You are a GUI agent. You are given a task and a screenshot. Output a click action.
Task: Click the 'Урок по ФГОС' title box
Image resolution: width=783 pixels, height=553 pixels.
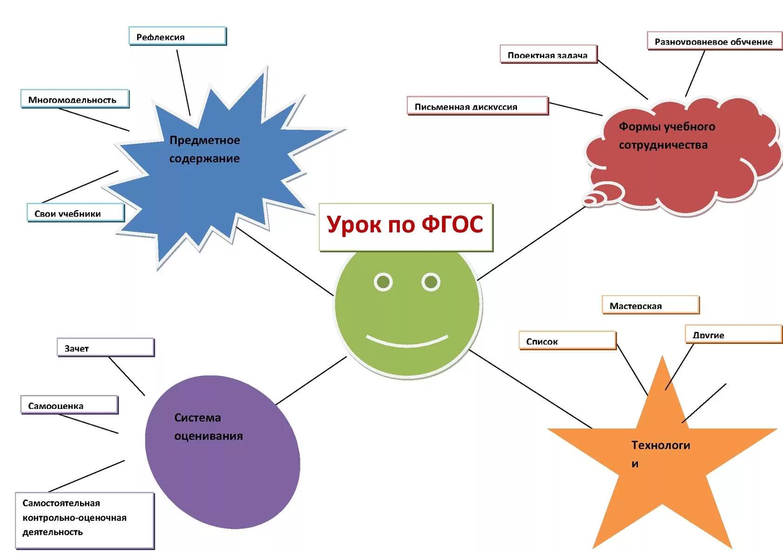pos(405,227)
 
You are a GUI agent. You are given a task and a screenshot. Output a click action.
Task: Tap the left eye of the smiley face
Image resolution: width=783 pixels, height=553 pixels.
pos(383,282)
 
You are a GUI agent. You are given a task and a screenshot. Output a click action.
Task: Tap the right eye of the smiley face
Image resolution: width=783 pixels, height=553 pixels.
pos(431,282)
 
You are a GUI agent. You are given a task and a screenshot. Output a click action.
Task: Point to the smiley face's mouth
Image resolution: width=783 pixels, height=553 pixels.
pos(407,341)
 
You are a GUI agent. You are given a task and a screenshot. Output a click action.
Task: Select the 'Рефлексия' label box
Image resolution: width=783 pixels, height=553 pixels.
pos(177,36)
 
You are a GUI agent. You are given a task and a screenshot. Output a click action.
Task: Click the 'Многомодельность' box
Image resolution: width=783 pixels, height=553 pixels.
pos(74,99)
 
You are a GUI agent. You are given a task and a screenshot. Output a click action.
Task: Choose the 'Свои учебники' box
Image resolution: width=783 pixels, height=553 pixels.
pos(75,213)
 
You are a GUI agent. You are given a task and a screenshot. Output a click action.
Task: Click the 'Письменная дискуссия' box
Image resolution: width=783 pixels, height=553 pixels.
pos(478,106)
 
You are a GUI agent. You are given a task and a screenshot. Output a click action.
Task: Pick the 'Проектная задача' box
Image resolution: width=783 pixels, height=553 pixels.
pos(548,54)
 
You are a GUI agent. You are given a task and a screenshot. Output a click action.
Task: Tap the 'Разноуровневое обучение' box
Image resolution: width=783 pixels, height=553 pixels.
pos(714,41)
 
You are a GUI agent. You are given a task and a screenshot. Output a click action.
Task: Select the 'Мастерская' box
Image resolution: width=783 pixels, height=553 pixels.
pos(650,305)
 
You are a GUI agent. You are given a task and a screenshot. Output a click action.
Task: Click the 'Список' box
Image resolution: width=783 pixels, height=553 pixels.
pos(567,341)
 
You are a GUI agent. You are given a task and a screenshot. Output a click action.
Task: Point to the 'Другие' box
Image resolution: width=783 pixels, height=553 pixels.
pos(733,334)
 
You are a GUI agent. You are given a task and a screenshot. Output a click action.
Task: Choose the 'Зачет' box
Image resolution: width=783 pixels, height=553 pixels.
pos(106,348)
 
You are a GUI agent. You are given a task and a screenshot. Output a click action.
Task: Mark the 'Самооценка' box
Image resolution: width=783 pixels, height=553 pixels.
pos(69,405)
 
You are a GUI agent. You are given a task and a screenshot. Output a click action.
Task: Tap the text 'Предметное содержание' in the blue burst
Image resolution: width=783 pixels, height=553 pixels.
pos(205,149)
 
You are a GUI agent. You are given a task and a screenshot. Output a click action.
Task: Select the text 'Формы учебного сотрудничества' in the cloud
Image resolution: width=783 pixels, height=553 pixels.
pos(666,136)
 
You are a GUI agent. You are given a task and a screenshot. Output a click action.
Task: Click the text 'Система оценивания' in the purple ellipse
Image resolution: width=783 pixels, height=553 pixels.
pos(208,427)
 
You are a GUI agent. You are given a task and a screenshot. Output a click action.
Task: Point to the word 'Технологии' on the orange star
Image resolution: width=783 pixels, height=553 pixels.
pos(660,453)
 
